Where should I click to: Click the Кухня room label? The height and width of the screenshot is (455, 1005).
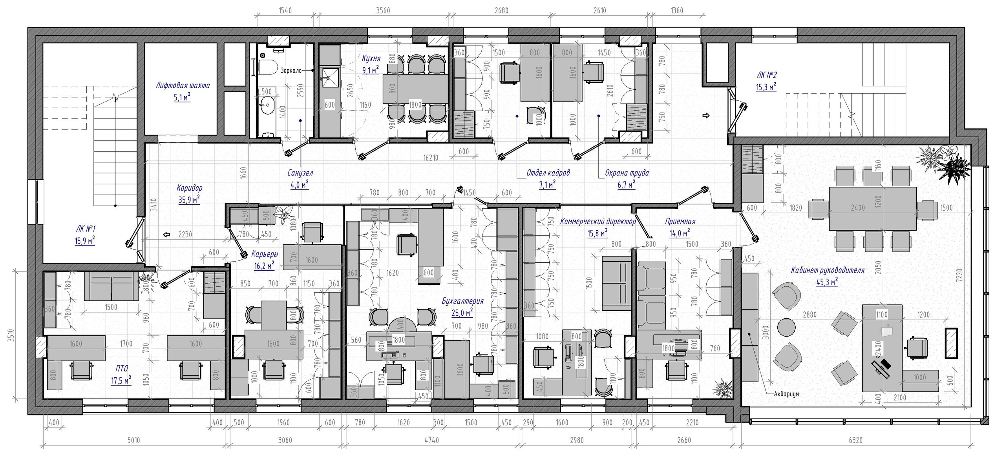click(x=371, y=58)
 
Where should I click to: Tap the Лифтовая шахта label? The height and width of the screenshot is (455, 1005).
click(x=183, y=86)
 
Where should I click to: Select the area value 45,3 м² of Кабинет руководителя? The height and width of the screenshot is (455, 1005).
click(x=827, y=282)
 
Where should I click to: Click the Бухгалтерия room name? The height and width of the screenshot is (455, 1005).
click(x=462, y=301)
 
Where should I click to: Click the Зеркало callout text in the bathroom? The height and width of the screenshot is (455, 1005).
click(x=291, y=71)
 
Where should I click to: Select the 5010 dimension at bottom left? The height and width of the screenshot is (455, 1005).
click(x=133, y=440)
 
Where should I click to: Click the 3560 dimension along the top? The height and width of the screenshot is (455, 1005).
click(x=383, y=11)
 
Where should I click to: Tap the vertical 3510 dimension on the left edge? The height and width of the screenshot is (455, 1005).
click(x=11, y=336)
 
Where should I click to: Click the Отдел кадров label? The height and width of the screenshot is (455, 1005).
click(x=548, y=173)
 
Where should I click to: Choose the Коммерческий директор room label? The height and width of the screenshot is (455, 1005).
click(x=598, y=222)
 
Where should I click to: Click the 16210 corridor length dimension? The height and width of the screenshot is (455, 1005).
click(x=431, y=158)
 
